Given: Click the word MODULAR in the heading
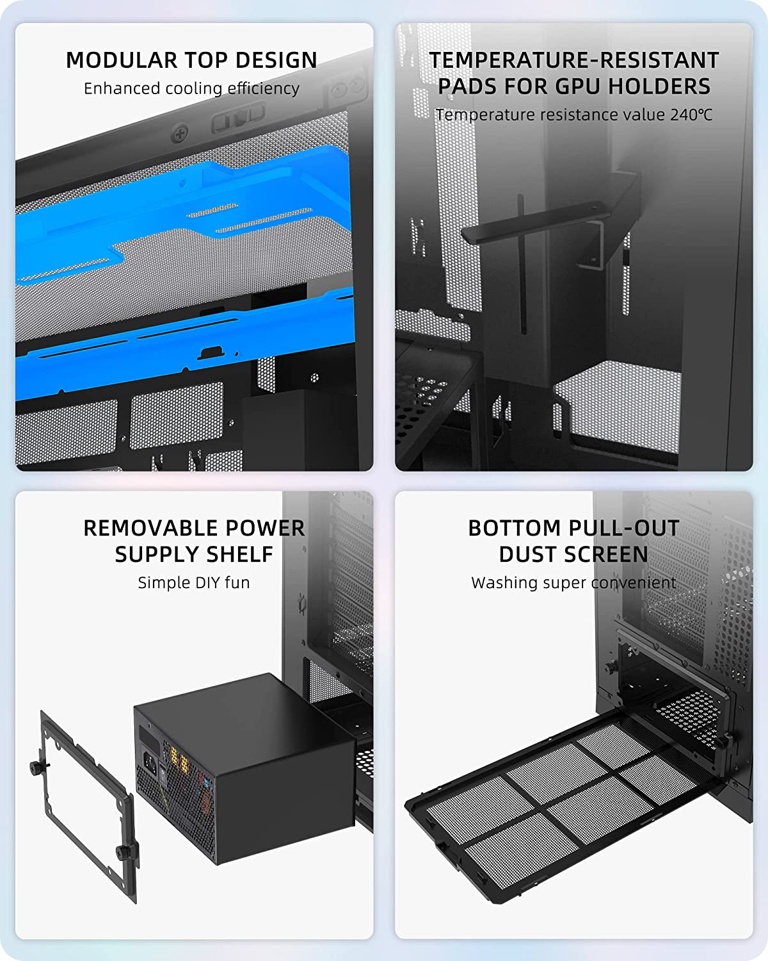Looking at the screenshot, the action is [122, 60].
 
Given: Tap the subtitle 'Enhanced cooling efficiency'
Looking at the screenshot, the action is [191, 88].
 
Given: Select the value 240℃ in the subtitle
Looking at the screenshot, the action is [691, 115].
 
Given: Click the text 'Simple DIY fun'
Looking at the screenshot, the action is [194, 582].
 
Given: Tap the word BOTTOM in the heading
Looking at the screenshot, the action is [514, 528].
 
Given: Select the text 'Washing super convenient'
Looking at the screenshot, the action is [573, 582].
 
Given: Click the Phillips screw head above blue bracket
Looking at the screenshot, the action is [180, 133].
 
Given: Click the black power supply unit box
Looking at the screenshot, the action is [245, 770].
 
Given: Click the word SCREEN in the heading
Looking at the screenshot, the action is [605, 554].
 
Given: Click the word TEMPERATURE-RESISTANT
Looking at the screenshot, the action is [574, 60].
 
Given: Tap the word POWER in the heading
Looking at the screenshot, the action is [265, 528].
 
